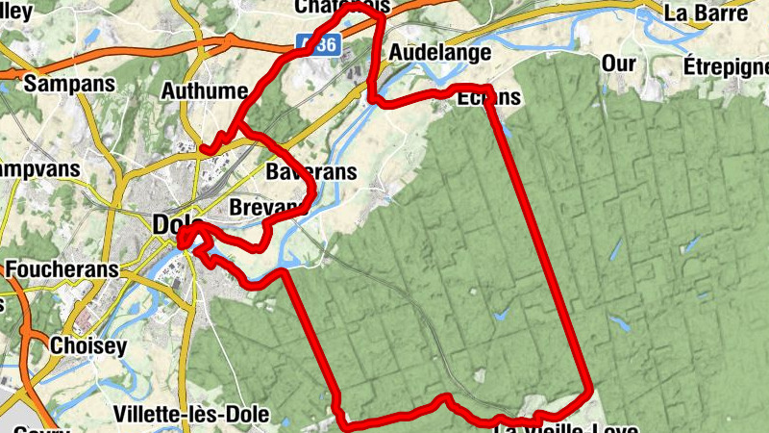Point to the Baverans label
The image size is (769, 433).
tap(310, 173)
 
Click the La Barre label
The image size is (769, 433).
tap(706, 13)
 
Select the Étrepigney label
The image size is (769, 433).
tap(727, 66)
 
